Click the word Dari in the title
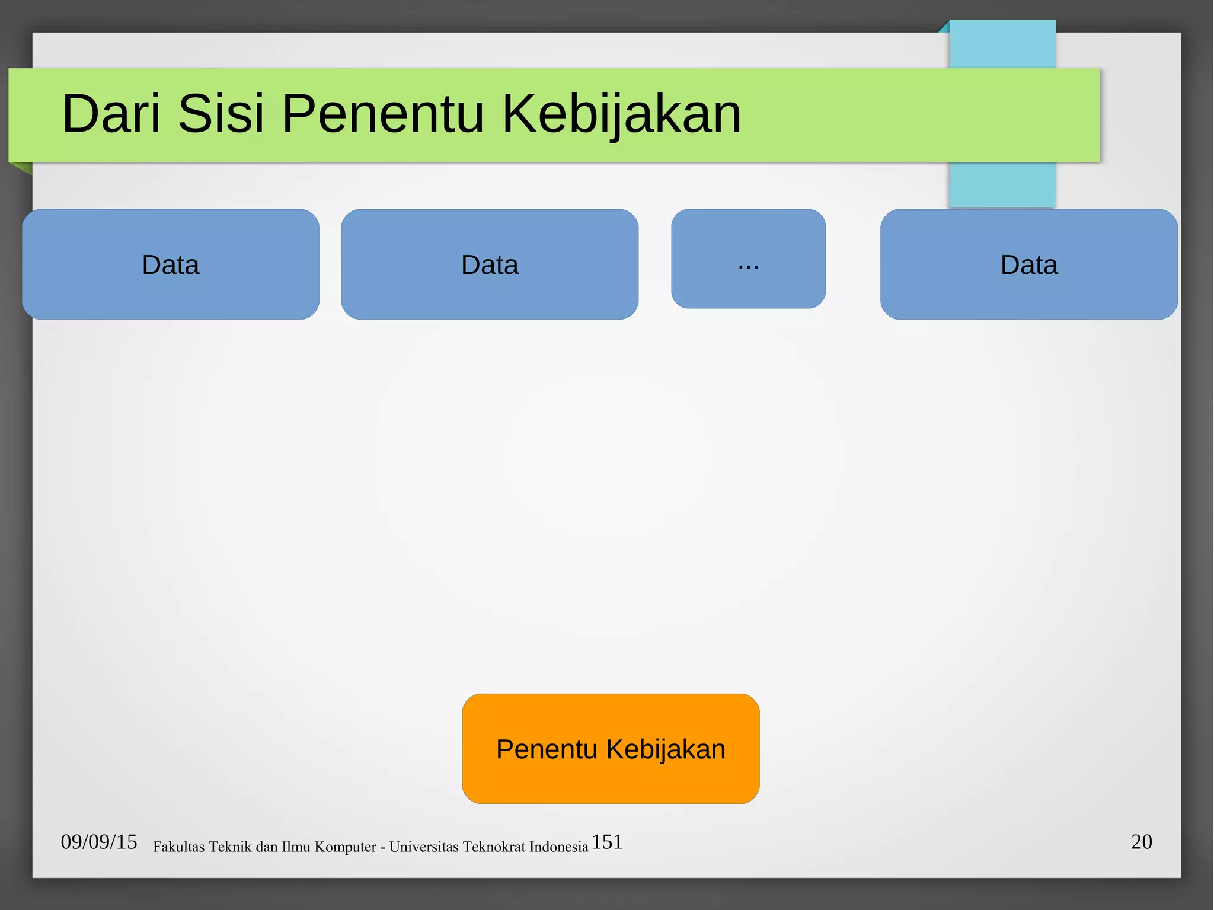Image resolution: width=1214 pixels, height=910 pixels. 111,113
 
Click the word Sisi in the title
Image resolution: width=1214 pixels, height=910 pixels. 221,113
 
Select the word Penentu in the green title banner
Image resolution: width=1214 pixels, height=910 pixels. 383,113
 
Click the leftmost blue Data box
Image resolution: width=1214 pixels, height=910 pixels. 171,264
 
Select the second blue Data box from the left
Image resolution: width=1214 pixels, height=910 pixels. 490,264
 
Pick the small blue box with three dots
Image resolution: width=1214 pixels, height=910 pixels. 748,259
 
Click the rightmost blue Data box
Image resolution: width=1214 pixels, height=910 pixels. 1029,264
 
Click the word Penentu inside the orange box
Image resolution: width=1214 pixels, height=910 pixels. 547,749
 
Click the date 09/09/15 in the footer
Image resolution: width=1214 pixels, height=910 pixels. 99,842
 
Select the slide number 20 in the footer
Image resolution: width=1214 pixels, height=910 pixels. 1141,842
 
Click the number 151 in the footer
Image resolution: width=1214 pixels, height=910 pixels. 607,842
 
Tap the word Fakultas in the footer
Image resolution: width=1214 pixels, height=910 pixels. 178,847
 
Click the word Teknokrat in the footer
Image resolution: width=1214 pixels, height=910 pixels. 494,847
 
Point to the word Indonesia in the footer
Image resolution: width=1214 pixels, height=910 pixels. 559,847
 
